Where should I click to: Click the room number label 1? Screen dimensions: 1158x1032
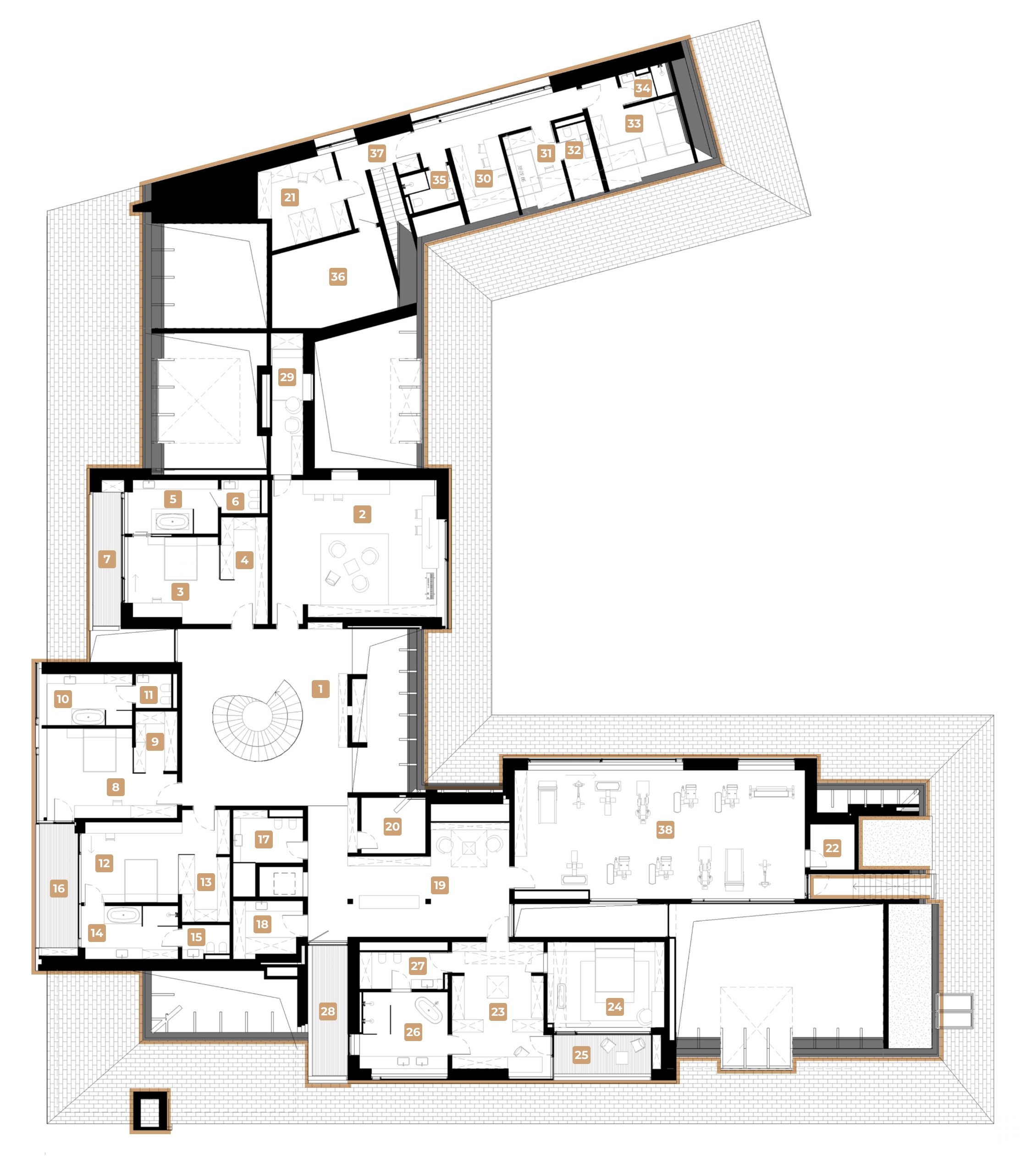(x=320, y=689)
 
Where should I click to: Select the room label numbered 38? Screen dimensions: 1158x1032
(x=665, y=830)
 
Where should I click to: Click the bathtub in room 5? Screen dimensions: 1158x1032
(x=172, y=521)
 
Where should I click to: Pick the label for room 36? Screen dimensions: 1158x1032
(x=337, y=277)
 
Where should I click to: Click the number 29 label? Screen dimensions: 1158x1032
(x=287, y=377)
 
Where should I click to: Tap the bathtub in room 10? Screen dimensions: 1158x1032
(x=88, y=717)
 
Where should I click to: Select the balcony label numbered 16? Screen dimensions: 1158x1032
(x=58, y=889)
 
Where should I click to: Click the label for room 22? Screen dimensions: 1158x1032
(x=832, y=848)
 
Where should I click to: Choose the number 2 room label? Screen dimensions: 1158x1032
(x=362, y=515)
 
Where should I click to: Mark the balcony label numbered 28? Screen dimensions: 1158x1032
(x=328, y=1011)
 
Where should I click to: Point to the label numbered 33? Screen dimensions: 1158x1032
(x=634, y=124)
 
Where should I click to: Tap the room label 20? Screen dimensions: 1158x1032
(x=392, y=826)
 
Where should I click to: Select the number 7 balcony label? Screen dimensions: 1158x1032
(x=107, y=560)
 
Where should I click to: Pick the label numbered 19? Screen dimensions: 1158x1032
(x=440, y=885)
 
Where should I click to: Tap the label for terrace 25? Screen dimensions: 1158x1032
(x=581, y=1055)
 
